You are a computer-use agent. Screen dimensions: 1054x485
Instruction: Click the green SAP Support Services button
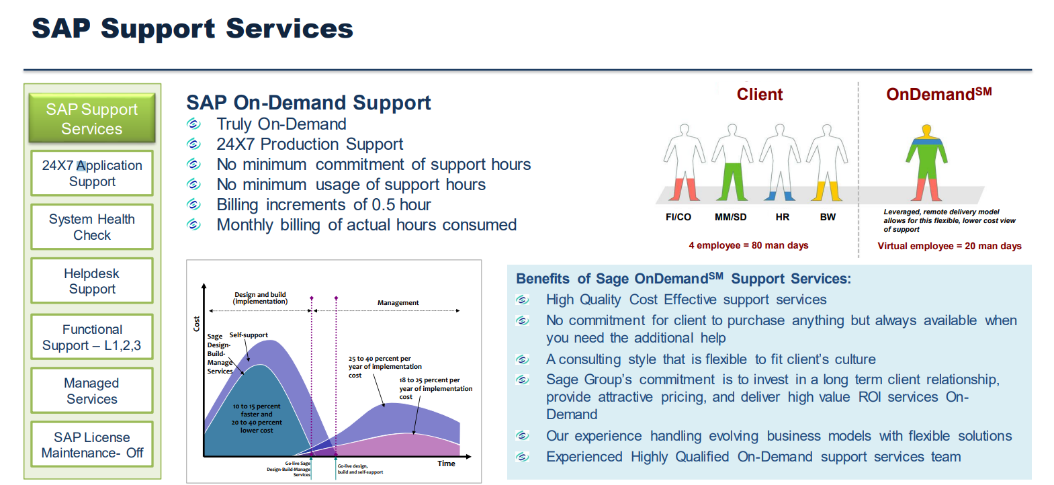(92, 118)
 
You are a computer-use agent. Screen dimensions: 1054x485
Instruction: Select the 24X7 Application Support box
(92, 173)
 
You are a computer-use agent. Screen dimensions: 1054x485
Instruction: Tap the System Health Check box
(92, 227)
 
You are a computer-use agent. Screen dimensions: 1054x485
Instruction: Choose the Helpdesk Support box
(92, 281)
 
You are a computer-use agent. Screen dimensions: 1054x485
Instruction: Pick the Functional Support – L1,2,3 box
(92, 337)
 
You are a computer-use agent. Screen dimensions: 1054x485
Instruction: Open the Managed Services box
(92, 390)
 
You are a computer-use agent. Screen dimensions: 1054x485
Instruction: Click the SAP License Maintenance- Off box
(92, 445)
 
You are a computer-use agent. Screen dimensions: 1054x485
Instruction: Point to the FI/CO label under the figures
(678, 217)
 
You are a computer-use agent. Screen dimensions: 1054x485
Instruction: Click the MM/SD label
(730, 217)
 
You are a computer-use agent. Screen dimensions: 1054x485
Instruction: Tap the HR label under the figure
(782, 217)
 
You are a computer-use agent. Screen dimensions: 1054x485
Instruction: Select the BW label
(828, 217)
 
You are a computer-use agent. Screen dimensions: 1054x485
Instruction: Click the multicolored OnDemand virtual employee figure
(926, 163)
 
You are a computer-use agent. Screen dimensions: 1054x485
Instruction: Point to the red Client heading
(760, 95)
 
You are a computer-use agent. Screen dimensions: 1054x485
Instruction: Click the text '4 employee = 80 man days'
(748, 245)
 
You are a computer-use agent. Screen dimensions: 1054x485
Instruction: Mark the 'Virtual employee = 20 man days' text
(949, 246)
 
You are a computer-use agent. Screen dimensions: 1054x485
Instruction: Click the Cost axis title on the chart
(197, 324)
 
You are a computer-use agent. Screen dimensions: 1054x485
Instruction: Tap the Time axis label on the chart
(446, 464)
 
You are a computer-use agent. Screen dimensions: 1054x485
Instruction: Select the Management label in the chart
(398, 302)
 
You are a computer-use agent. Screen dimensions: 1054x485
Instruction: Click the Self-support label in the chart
(249, 335)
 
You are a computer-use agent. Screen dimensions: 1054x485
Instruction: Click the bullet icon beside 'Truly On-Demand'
(193, 124)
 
